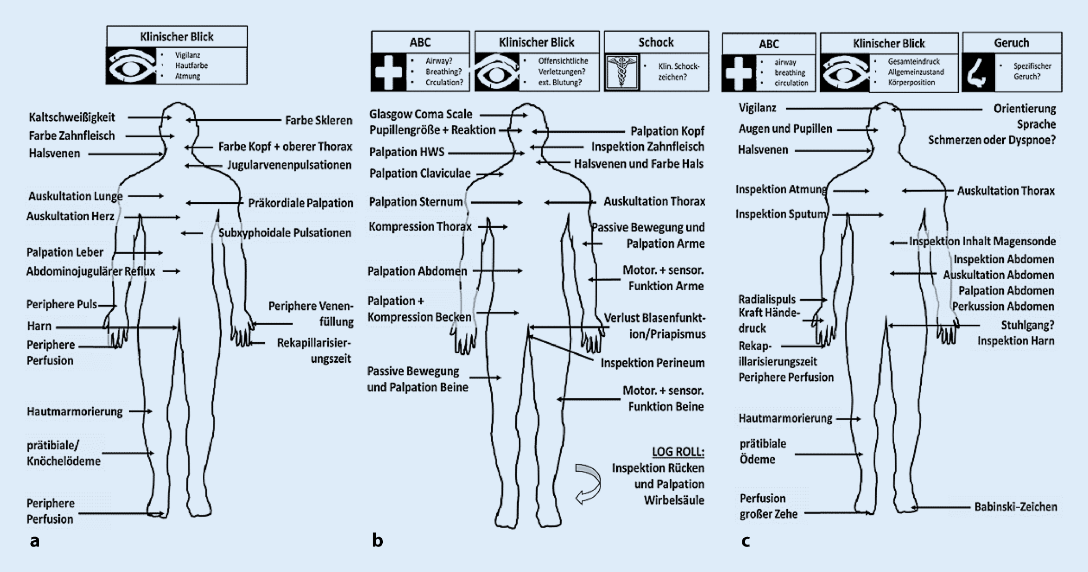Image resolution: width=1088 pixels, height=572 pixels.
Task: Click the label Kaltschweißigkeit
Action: click(71, 117)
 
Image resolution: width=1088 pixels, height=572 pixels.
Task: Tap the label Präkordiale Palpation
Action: click(300, 203)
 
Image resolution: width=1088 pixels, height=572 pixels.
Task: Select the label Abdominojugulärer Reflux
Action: click(91, 271)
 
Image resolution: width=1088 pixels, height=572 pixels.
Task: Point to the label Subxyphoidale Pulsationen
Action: click(284, 233)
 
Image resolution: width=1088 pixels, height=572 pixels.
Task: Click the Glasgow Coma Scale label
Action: click(420, 114)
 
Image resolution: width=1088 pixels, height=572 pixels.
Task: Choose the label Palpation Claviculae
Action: click(419, 173)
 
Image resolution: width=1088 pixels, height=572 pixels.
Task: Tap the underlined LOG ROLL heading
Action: click(678, 452)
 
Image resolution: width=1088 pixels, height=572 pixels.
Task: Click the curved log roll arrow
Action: click(588, 484)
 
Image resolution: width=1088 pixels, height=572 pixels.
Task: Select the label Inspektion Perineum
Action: click(652, 363)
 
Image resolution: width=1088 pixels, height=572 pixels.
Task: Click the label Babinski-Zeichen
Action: click(1015, 507)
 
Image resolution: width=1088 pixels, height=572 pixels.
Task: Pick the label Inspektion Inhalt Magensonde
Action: click(982, 242)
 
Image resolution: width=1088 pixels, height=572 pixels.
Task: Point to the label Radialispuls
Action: click(767, 299)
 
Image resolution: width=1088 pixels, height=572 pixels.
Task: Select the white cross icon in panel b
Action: click(389, 72)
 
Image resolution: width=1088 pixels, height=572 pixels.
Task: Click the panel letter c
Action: click(745, 541)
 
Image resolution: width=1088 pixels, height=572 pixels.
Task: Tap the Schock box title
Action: click(655, 42)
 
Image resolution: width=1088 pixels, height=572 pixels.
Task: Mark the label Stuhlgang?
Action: click(1027, 325)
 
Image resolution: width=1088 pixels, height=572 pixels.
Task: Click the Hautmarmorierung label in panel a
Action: click(75, 412)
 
